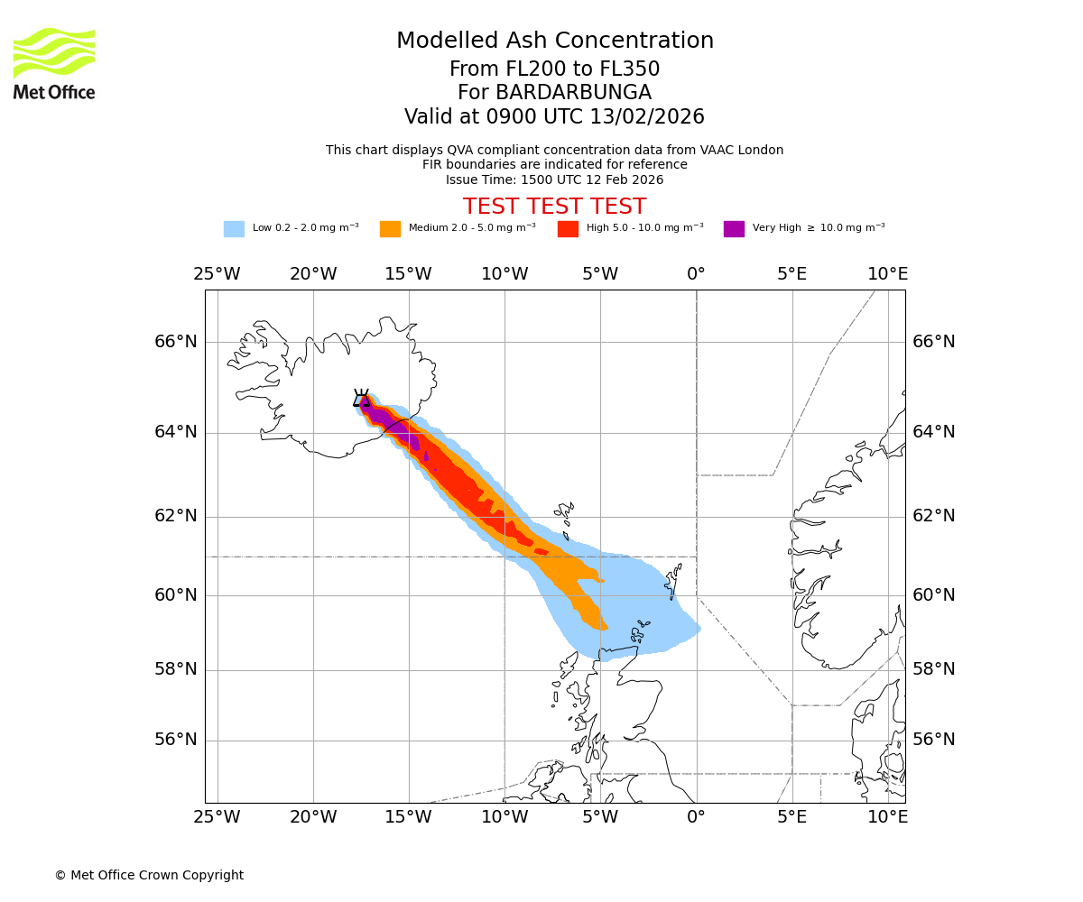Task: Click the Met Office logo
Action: pos(54,63)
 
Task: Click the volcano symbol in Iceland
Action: pos(361,399)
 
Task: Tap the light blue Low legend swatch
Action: pos(234,228)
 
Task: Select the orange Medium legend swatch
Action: pos(390,228)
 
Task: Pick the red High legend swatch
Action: pos(568,228)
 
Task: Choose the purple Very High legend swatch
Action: pos(734,228)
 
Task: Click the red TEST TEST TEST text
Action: pos(554,207)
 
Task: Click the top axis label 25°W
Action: pos(217,274)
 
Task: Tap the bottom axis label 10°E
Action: pos(887,817)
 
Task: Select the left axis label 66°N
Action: pos(175,342)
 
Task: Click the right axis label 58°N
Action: pos(934,669)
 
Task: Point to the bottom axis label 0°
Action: pos(696,817)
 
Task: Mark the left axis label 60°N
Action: pos(175,595)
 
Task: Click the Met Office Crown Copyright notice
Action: pos(149,875)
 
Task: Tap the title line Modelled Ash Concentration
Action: pos(554,41)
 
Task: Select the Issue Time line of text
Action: pos(554,179)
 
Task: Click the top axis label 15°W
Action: pos(408,274)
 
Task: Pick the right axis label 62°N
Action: pos(934,516)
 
